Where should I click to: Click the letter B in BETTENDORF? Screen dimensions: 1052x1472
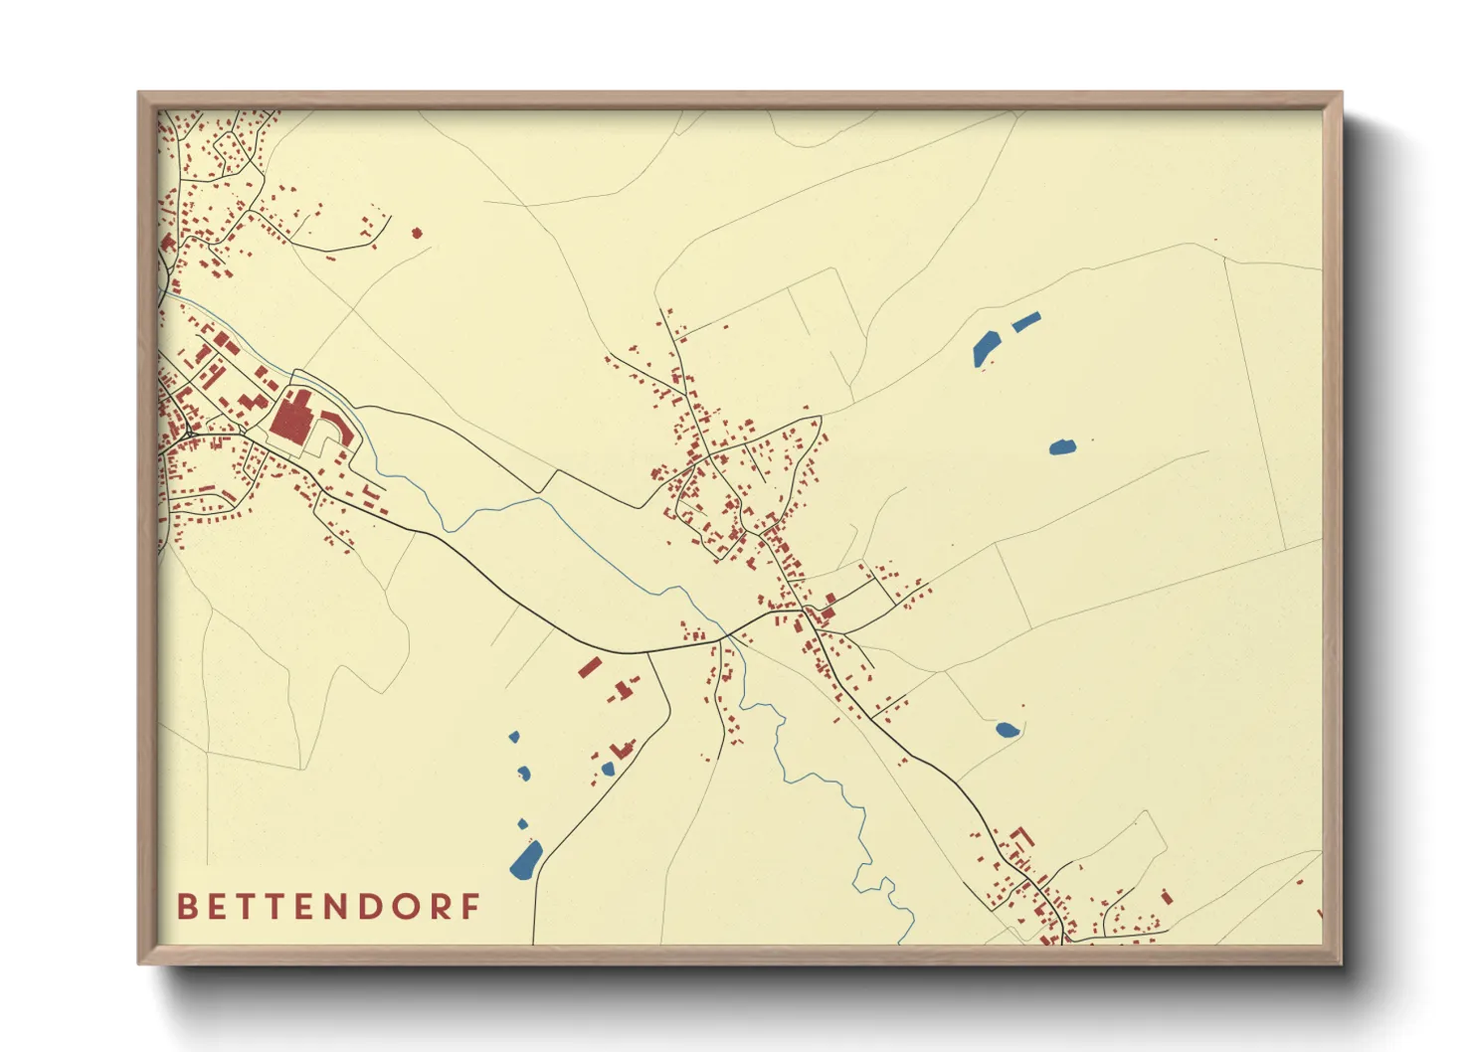click(186, 907)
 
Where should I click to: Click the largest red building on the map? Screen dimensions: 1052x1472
click(291, 418)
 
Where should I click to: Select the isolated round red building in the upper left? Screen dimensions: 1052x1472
click(417, 234)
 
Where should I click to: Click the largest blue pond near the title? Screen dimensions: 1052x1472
click(526, 860)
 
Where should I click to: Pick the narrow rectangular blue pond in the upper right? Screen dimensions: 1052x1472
click(1025, 321)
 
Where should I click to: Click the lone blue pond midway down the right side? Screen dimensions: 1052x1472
click(1062, 446)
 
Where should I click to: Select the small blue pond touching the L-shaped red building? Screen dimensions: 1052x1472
click(608, 769)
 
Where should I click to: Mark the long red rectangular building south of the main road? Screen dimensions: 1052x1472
click(590, 667)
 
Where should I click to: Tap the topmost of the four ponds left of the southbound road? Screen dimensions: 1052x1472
click(514, 737)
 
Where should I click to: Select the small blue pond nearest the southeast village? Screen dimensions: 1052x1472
click(1007, 730)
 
